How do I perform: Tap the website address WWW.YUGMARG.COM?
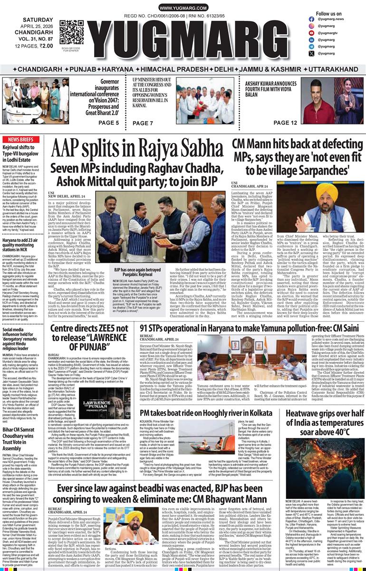pyautogui.click(x=183, y=8)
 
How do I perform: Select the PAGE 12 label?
pyautogui.click(x=285, y=123)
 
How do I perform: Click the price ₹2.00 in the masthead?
pyautogui.click(x=46, y=46)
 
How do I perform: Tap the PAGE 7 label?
pyautogui.click(x=143, y=123)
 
